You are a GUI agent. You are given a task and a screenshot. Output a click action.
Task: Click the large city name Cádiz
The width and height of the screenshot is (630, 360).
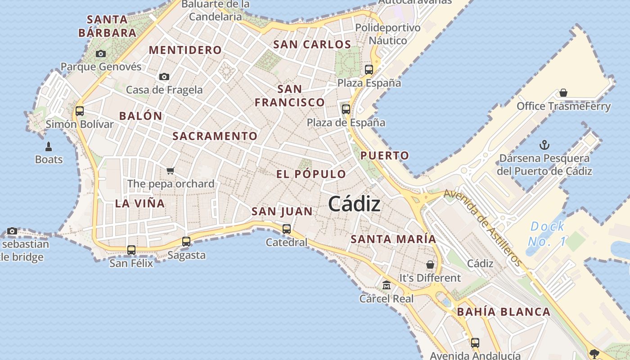coord(354,204)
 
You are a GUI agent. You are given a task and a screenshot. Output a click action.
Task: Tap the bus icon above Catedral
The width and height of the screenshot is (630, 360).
coord(287,229)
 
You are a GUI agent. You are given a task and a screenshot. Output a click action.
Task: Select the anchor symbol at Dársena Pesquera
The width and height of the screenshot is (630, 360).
coord(544,145)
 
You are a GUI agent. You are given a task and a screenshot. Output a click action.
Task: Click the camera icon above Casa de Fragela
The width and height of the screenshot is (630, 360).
coord(164,76)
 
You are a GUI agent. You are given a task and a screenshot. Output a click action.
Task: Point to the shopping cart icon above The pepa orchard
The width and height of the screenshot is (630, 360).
coord(170,171)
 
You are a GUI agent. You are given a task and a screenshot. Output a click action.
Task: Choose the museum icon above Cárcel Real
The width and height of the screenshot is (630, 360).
coord(387,285)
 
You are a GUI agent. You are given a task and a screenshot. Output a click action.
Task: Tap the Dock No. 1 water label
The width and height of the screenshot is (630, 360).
coord(547,234)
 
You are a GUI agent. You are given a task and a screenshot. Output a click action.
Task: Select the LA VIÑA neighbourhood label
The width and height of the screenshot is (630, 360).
coord(140,203)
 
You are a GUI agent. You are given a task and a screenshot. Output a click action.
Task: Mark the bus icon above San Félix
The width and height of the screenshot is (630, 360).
coord(131,250)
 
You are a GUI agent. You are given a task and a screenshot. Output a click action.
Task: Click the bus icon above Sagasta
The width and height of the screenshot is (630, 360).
coord(186,242)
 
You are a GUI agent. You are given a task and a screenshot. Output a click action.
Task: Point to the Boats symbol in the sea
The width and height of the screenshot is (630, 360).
coord(49,146)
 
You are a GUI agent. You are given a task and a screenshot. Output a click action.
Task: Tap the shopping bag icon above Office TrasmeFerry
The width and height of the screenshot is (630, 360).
coord(563,93)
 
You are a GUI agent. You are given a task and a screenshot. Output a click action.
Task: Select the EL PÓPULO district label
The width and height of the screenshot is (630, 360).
coord(311,174)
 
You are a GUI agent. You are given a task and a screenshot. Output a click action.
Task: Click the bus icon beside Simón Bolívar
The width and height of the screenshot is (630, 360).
coord(80,111)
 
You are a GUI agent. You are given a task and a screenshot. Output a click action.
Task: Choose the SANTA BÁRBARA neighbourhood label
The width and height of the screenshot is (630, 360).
coord(107,26)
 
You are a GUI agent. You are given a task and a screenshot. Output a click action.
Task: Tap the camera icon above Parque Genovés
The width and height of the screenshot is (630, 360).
coord(101,54)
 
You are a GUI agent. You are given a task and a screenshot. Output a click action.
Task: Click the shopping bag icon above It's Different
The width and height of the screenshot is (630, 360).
coord(430,265)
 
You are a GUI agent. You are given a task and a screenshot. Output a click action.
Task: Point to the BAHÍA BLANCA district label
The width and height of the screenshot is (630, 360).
coord(504,312)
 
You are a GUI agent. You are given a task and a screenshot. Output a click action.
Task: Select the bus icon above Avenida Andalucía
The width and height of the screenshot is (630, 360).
coord(475,342)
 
